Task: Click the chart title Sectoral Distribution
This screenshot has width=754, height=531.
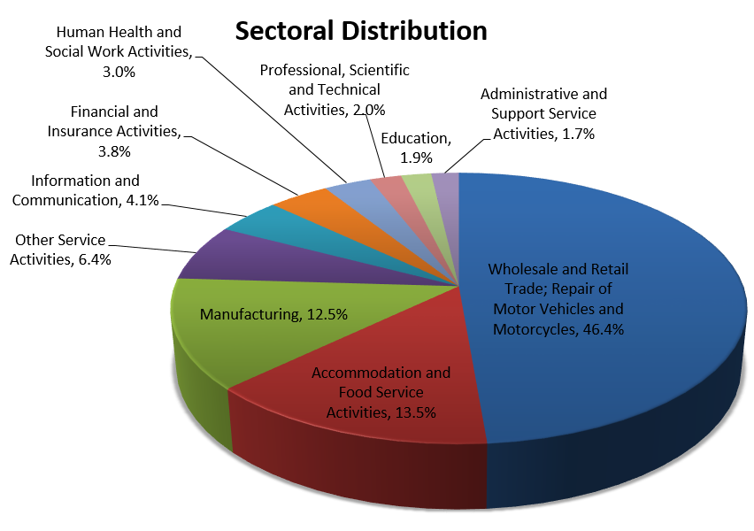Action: [360, 31]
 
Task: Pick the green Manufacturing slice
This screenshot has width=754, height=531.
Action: [212, 354]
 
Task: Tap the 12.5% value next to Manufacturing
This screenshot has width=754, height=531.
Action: [329, 314]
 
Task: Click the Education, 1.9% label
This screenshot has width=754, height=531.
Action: [415, 147]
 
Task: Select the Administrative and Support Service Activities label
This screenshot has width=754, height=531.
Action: [543, 113]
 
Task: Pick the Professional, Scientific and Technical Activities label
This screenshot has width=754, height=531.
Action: [334, 89]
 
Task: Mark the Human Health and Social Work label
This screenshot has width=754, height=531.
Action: [119, 52]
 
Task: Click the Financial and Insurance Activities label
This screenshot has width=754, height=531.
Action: [114, 131]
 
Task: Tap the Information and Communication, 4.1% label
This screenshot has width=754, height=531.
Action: [86, 190]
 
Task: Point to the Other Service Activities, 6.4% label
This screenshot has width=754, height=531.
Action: [60, 250]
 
